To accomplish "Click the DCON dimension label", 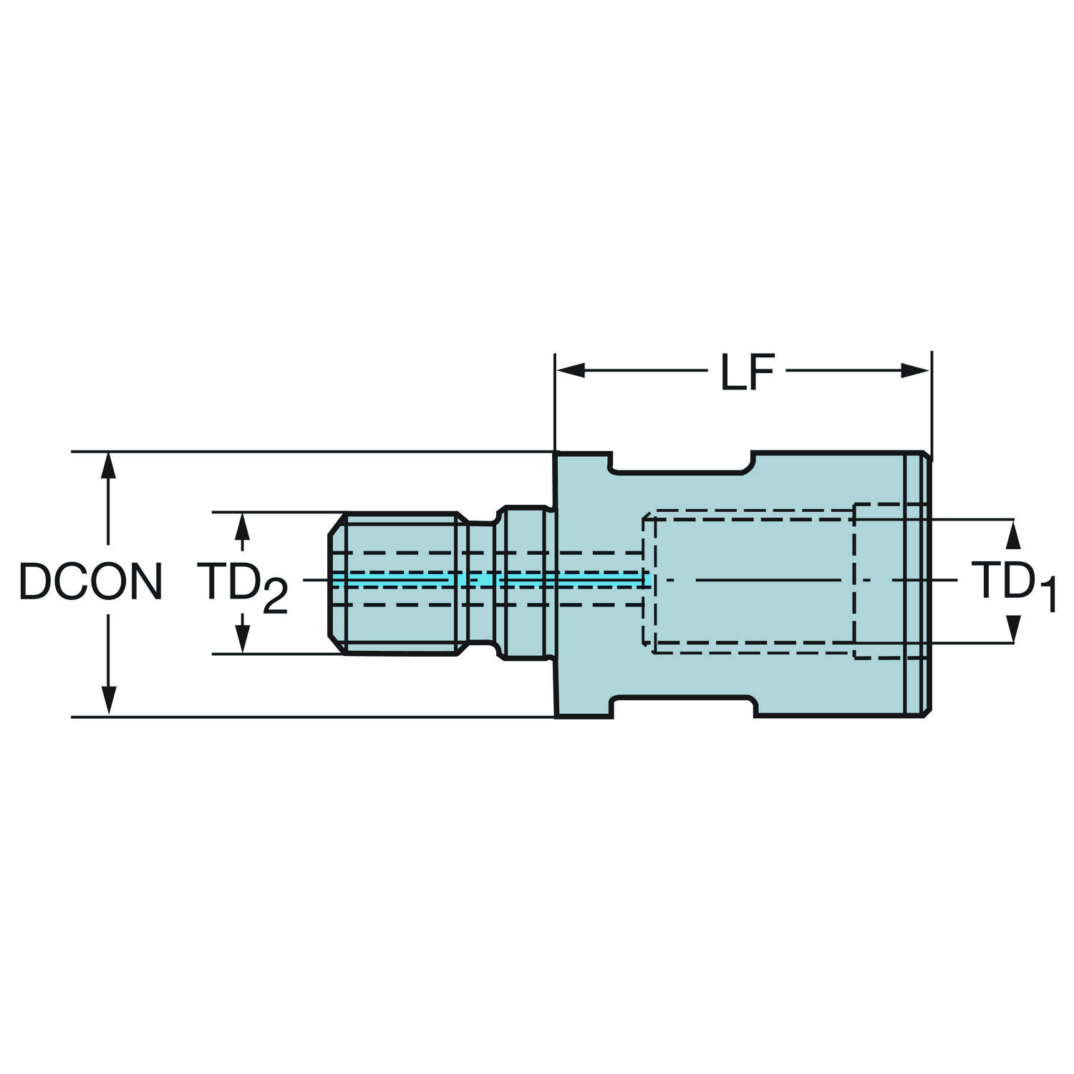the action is pos(90,581).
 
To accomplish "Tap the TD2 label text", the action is pos(243,586).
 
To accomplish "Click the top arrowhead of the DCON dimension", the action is pos(108,465).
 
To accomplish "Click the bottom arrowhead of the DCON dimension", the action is pos(108,700).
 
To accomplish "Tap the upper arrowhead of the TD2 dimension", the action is pos(243,526).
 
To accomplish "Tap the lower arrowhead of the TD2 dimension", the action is pos(243,639).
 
